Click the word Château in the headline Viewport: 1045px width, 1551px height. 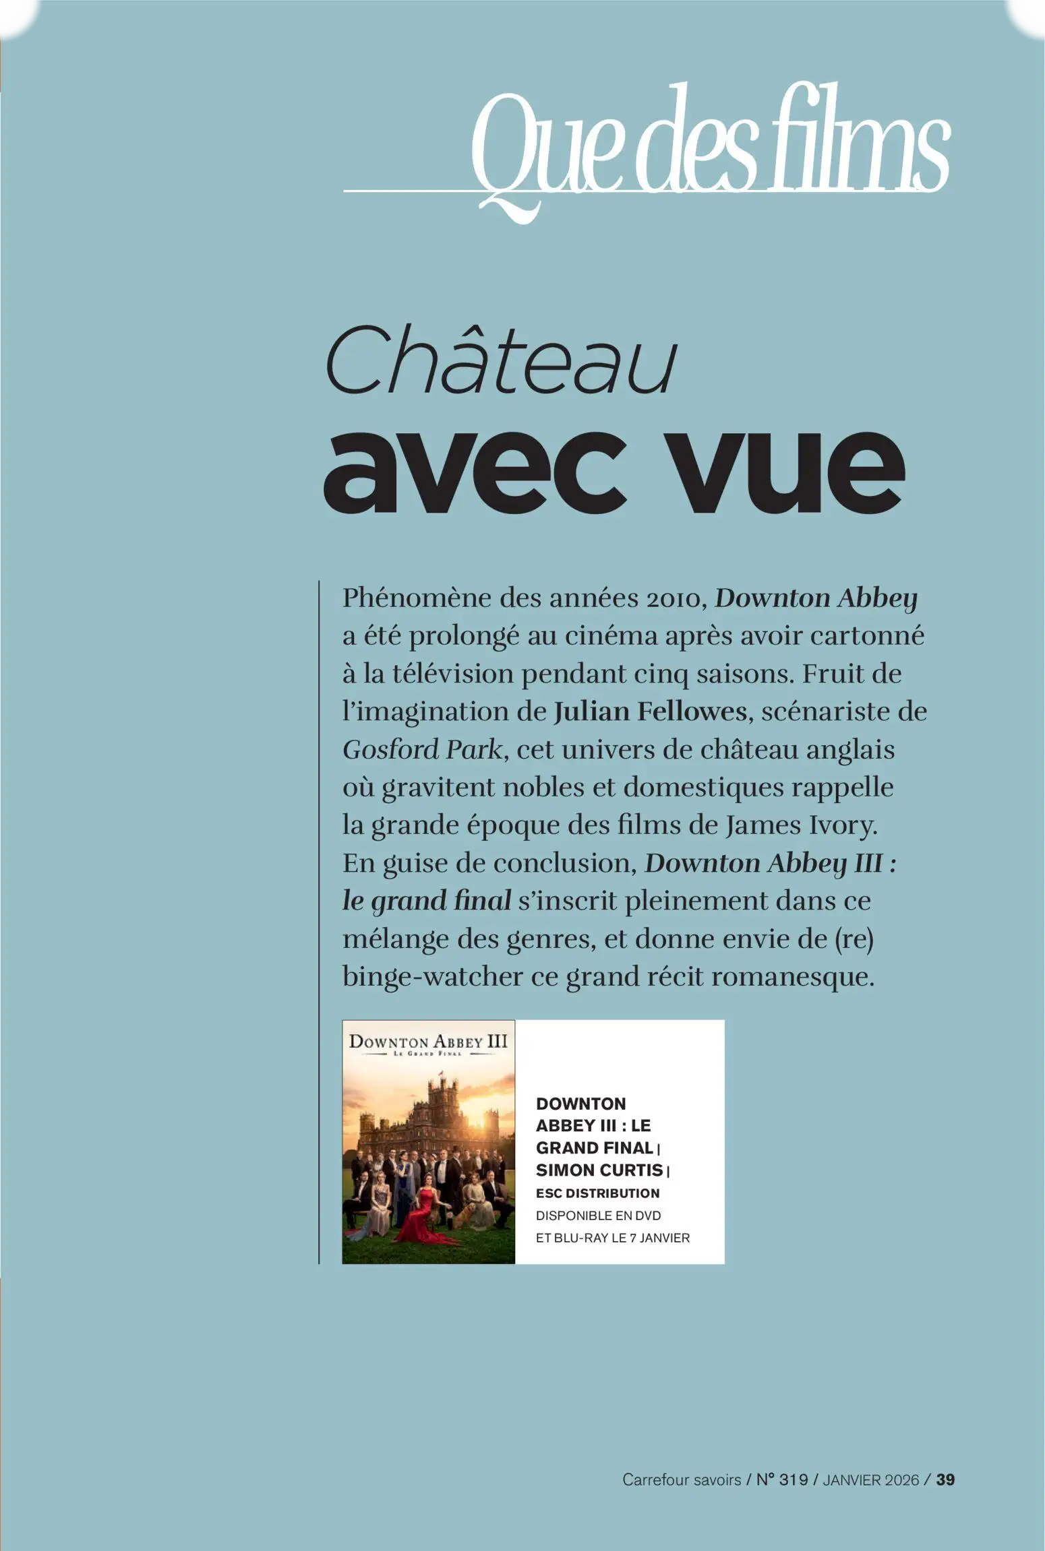pos(501,360)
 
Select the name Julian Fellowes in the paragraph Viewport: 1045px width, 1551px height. pos(650,712)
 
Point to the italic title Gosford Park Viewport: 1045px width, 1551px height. pos(423,750)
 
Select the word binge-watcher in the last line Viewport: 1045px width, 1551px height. pos(432,977)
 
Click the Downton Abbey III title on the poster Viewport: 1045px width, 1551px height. pos(428,1042)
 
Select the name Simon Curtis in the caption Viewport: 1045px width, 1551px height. pos(599,1170)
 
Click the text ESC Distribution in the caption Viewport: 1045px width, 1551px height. pos(597,1193)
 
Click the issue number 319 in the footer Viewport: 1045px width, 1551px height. pos(792,1480)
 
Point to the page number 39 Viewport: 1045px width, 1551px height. pos(945,1480)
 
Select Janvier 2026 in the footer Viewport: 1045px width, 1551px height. pos(870,1480)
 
